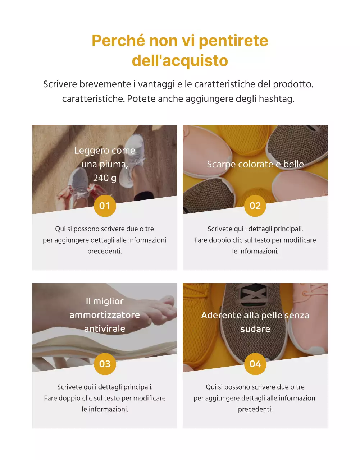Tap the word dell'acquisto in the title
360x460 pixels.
(x=180, y=60)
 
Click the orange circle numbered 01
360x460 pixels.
(x=105, y=206)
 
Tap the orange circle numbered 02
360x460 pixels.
(x=255, y=206)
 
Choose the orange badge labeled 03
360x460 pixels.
(x=105, y=364)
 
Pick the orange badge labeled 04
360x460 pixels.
(x=255, y=364)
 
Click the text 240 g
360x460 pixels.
(x=105, y=178)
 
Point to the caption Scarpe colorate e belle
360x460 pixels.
(x=255, y=164)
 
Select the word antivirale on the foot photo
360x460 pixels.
(x=105, y=329)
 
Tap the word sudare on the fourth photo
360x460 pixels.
(x=255, y=329)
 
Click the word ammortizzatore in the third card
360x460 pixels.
(x=105, y=315)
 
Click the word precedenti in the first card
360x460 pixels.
(x=105, y=251)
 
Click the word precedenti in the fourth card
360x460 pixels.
(x=255, y=409)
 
